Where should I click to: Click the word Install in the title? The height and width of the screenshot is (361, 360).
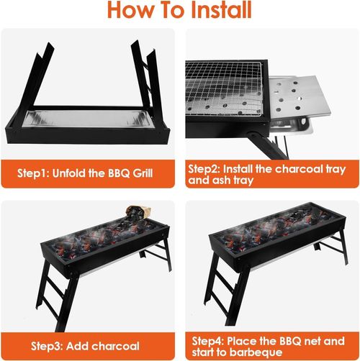215,11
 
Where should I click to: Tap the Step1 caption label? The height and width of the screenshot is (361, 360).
37,174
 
